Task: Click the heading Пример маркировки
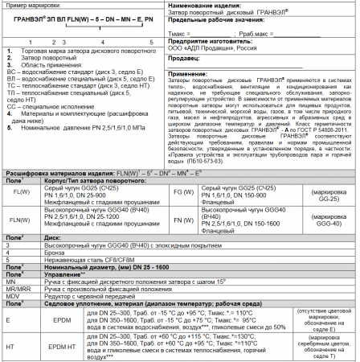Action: (x=30, y=6)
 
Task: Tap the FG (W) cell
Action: (x=181, y=192)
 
